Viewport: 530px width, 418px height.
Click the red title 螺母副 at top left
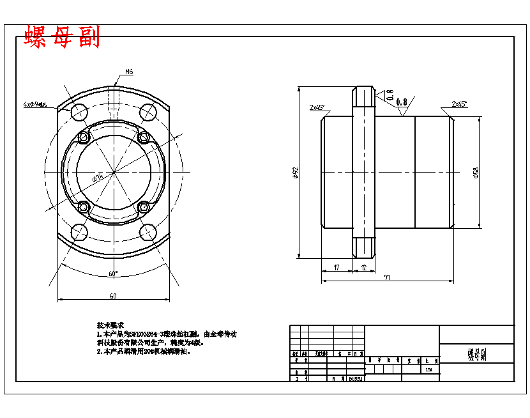click(x=62, y=38)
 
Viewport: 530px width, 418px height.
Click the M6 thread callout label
click(x=129, y=72)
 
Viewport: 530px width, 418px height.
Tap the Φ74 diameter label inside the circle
click(x=98, y=177)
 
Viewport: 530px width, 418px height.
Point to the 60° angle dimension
click(x=113, y=274)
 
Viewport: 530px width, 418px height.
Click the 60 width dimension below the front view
click(x=113, y=296)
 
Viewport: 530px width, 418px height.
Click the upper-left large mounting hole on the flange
click(x=79, y=112)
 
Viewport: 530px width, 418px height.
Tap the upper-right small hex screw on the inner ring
click(x=144, y=137)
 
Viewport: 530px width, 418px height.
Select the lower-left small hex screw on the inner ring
click(x=82, y=206)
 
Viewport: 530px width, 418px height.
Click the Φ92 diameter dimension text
click(x=296, y=173)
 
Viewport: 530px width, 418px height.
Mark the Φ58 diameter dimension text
click(x=476, y=173)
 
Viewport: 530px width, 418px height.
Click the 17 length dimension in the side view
click(x=337, y=268)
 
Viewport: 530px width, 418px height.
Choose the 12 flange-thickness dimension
click(x=363, y=268)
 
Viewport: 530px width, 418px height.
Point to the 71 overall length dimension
click(x=388, y=278)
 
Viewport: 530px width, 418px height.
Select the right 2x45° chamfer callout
click(x=459, y=104)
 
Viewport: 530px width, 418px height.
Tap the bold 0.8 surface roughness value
click(x=402, y=102)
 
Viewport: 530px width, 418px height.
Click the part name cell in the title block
click(x=476, y=353)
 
